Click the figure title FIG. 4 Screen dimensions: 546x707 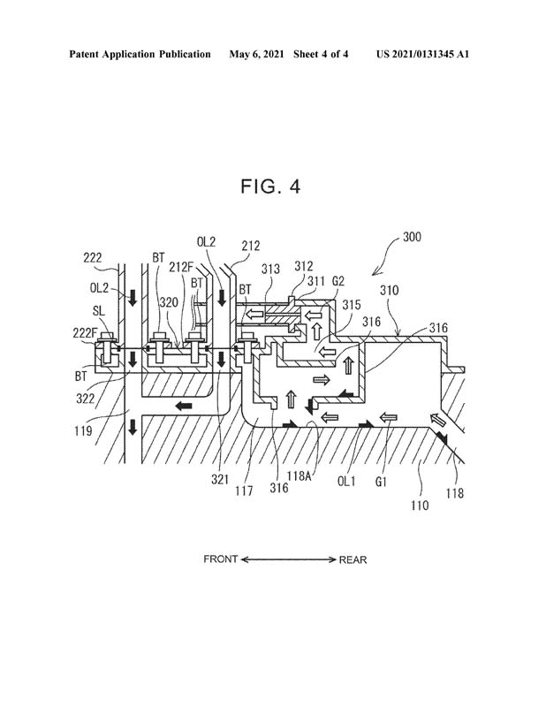point(270,186)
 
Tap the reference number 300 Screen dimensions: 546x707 point(412,237)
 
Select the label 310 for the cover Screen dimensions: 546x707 point(389,290)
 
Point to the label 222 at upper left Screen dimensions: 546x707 point(93,258)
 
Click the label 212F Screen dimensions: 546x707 point(181,268)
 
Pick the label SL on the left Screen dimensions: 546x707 point(99,311)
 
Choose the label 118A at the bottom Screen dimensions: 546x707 point(299,475)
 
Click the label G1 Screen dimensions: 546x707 point(381,482)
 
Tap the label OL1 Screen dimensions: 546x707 point(346,481)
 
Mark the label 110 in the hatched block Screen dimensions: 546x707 point(420,506)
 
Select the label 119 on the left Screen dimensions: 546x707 point(83,431)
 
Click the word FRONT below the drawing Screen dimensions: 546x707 point(221,559)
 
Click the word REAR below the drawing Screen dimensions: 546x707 point(353,560)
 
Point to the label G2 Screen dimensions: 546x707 point(338,281)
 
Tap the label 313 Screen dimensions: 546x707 point(270,270)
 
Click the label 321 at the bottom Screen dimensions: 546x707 point(220,480)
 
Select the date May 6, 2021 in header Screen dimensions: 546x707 point(256,55)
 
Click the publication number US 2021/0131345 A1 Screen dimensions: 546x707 point(422,55)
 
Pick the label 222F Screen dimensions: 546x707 point(85,333)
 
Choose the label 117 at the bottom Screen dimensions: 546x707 point(244,490)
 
